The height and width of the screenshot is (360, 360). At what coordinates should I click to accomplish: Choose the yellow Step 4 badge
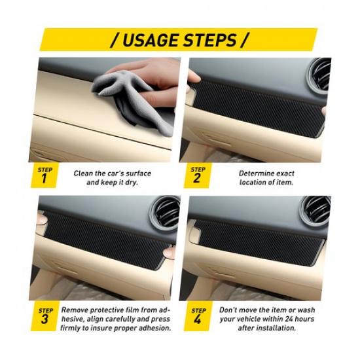[196, 315]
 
